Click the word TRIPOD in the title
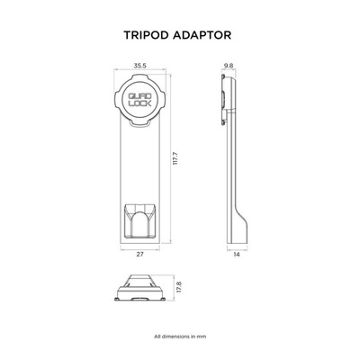(x=147, y=35)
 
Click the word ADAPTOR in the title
(x=202, y=35)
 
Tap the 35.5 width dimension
(x=139, y=66)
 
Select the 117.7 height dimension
(x=176, y=158)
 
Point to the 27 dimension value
(x=139, y=255)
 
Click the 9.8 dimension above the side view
(x=229, y=66)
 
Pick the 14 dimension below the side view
(x=237, y=255)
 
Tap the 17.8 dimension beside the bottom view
(x=179, y=287)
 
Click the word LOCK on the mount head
(x=140, y=103)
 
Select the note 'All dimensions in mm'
(x=180, y=337)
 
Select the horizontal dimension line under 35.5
(x=139, y=70)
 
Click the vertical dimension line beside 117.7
(x=171, y=158)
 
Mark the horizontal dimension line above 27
(x=139, y=249)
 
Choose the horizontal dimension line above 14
(x=238, y=249)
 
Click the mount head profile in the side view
(x=229, y=100)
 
